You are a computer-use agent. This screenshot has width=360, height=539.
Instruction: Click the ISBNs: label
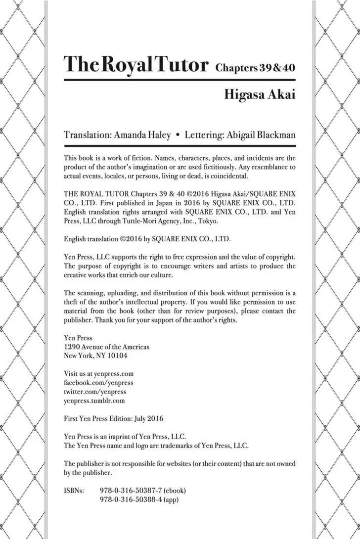(74, 491)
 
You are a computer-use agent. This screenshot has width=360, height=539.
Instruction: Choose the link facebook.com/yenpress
(98, 383)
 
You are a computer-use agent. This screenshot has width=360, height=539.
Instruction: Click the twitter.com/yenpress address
(95, 392)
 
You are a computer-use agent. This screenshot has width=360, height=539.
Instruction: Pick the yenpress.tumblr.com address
(94, 401)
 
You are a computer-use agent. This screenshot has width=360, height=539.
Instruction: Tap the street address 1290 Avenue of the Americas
(107, 347)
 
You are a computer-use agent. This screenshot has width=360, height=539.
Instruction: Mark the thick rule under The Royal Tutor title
(180, 80)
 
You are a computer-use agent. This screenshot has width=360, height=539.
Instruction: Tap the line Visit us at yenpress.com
(99, 374)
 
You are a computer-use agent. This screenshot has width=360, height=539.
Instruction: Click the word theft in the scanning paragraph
(72, 302)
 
